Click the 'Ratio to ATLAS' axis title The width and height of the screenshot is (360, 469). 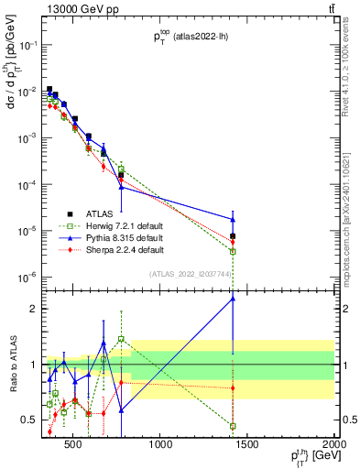12,365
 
